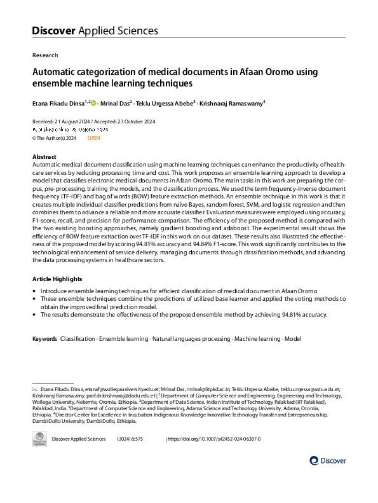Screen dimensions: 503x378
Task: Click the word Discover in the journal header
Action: (x=54, y=31)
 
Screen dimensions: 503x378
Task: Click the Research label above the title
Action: (x=44, y=55)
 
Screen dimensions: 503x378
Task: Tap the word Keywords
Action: (x=44, y=339)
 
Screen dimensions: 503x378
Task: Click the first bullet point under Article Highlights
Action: (x=34, y=291)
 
